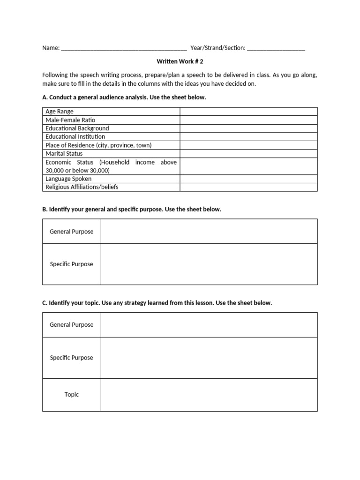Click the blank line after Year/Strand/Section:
(276, 48)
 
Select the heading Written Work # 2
(180, 61)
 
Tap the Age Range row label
(60, 112)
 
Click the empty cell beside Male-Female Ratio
(248, 120)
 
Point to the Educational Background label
(77, 128)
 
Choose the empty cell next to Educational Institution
(248, 137)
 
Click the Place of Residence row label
(98, 145)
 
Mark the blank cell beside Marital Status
(248, 154)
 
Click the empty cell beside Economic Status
(248, 166)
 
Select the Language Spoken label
(68, 179)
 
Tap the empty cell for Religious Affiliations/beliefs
(248, 187)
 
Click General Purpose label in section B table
(72, 232)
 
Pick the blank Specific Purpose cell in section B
(209, 264)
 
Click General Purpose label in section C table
(72, 325)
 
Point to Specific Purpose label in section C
(72, 358)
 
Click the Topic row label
(72, 395)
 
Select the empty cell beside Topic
(209, 395)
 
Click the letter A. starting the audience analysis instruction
(45, 97)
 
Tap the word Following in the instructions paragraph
(55, 75)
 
